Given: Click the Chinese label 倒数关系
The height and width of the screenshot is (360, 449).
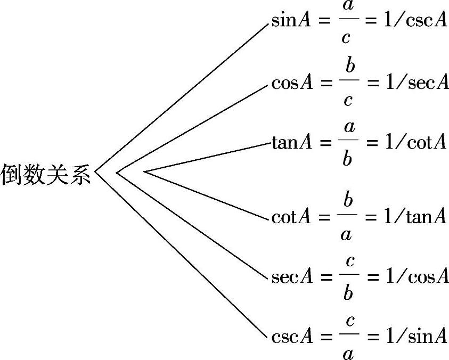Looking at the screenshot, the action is click(45, 175).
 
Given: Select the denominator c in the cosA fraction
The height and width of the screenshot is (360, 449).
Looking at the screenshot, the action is click(348, 99).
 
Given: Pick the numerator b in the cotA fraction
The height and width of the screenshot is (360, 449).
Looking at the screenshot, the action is click(348, 200).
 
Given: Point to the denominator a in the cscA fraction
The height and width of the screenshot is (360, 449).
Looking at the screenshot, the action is click(348, 353).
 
